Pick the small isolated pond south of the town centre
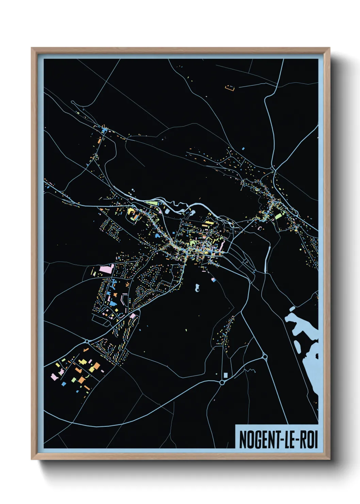pos(197,288)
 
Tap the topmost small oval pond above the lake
pos(292,309)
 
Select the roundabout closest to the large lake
pos(265,357)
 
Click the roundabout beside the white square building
pos(222,383)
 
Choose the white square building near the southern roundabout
pos(225,375)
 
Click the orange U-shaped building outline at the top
pos(230,89)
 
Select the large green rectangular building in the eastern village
pos(279,216)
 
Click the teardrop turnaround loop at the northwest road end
pos(73,102)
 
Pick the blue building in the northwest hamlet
pos(104,129)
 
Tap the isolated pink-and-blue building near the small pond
pos(213,280)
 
